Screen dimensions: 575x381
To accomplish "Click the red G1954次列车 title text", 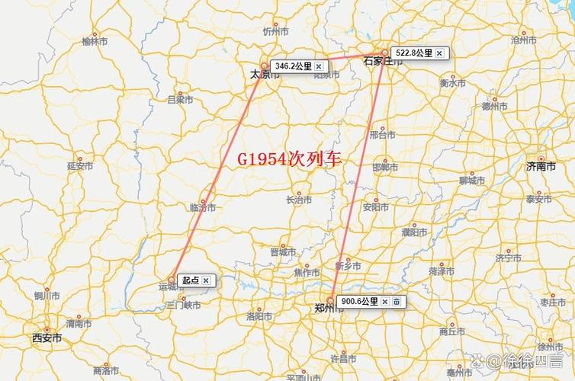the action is point(289,159).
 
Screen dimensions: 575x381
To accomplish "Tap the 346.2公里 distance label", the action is point(293,66).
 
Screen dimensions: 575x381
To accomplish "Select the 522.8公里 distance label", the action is point(413,53).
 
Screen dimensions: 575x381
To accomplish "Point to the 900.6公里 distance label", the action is point(359,302).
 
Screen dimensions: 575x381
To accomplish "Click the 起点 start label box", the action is point(190,280).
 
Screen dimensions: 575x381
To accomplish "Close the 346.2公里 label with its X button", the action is point(319,66).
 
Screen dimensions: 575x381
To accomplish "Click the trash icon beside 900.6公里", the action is point(396,302).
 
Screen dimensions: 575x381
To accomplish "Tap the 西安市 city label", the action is point(47,338).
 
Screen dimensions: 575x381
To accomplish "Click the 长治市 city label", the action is point(299,200).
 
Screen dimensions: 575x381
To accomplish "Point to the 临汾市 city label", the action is point(203,207).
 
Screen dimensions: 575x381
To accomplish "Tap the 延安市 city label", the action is point(80,165).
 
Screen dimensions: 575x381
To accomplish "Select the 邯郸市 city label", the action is point(385,167).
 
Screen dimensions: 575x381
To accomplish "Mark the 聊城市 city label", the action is point(472,181).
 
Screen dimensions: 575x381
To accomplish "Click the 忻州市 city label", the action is point(275,32).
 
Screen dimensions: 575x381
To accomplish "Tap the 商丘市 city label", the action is point(452,332).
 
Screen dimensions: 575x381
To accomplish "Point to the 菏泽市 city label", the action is point(442,271).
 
